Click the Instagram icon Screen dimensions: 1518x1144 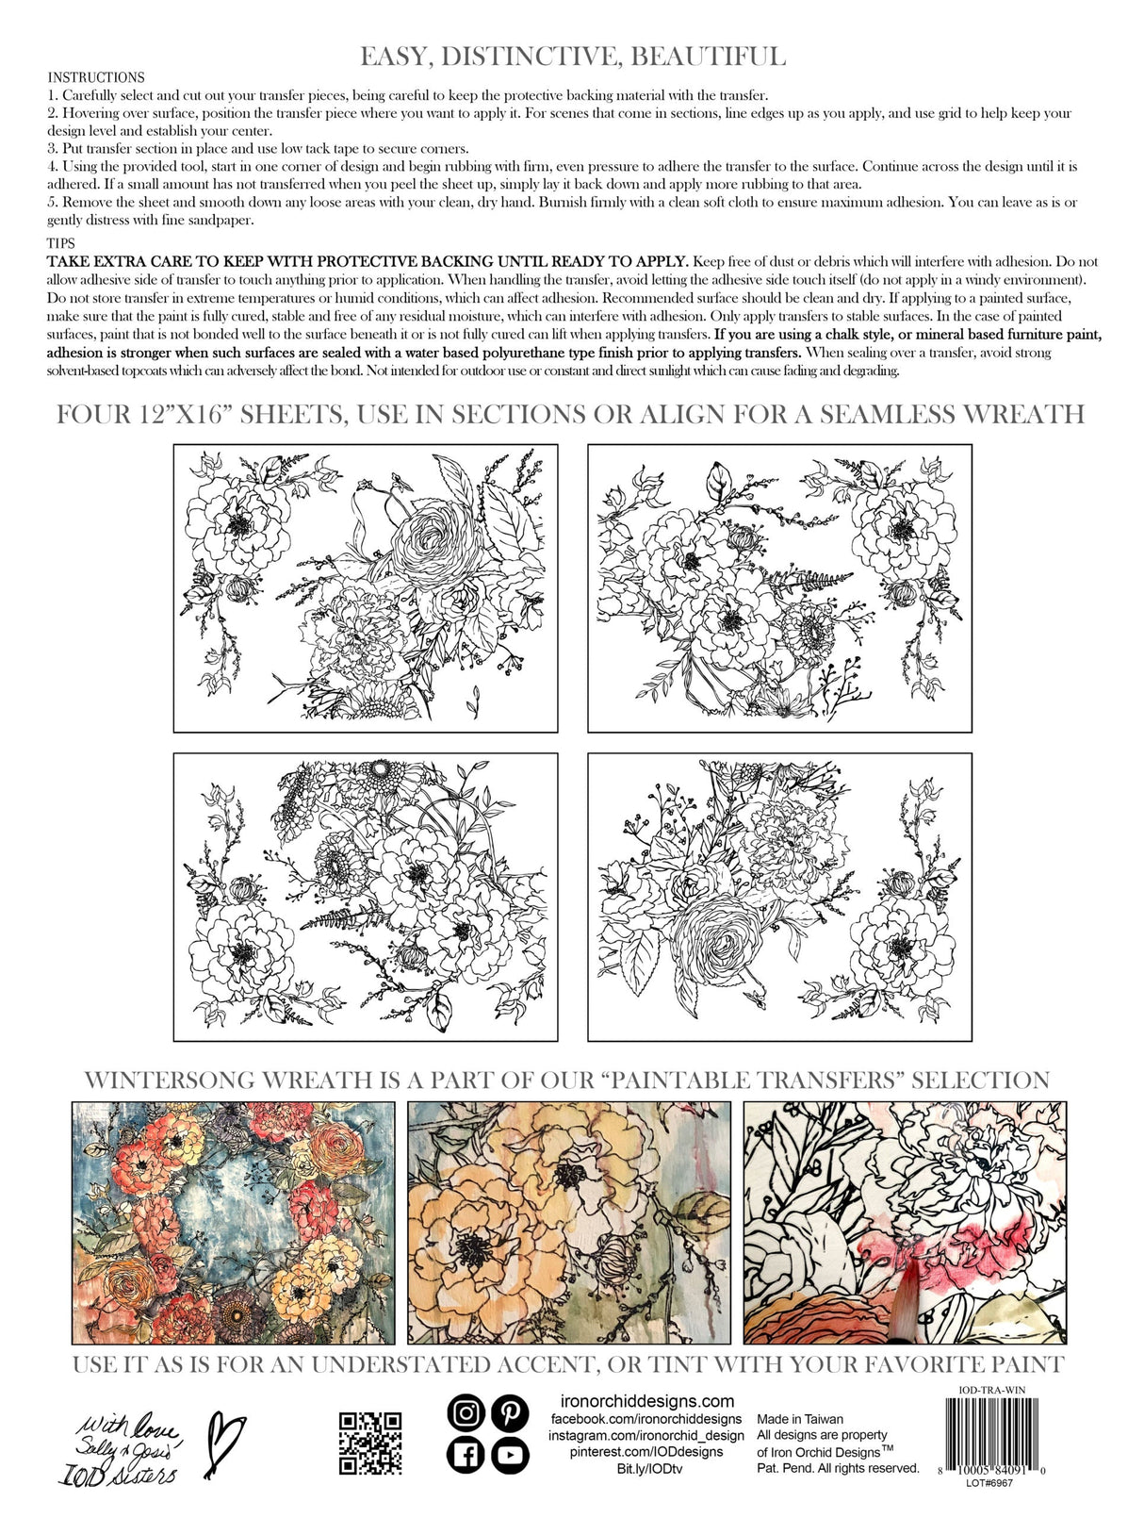[466, 1412]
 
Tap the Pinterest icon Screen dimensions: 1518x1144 [510, 1412]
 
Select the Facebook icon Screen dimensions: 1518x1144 [466, 1456]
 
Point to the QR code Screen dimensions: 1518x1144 [370, 1443]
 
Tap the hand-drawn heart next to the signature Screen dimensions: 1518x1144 [223, 1444]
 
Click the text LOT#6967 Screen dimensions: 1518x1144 [989, 1482]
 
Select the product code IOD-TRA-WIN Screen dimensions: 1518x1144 [989, 1390]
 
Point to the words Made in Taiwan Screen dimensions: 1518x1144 [800, 1418]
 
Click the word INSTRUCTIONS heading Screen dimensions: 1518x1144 [96, 77]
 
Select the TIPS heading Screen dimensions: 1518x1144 [61, 243]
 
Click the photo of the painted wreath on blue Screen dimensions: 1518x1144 [234, 1222]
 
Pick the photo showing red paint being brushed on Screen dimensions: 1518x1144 [905, 1222]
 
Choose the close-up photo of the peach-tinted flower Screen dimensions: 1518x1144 [569, 1222]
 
